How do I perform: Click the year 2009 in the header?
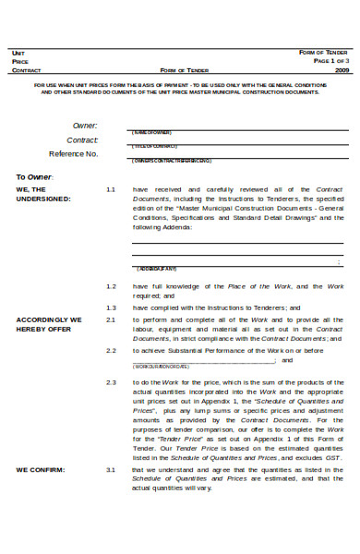point(342,69)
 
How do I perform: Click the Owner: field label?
point(85,125)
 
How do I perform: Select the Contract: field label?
point(82,139)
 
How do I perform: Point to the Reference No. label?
point(73,154)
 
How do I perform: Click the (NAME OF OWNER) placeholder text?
point(152,132)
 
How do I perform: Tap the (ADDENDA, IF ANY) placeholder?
point(157,269)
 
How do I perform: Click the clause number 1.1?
point(111,189)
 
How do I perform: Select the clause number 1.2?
point(111,286)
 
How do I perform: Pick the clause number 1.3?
point(111,307)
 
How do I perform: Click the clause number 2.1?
point(111,319)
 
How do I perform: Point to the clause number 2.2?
point(111,351)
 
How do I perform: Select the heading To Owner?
point(35,176)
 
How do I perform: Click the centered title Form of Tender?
point(184,69)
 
